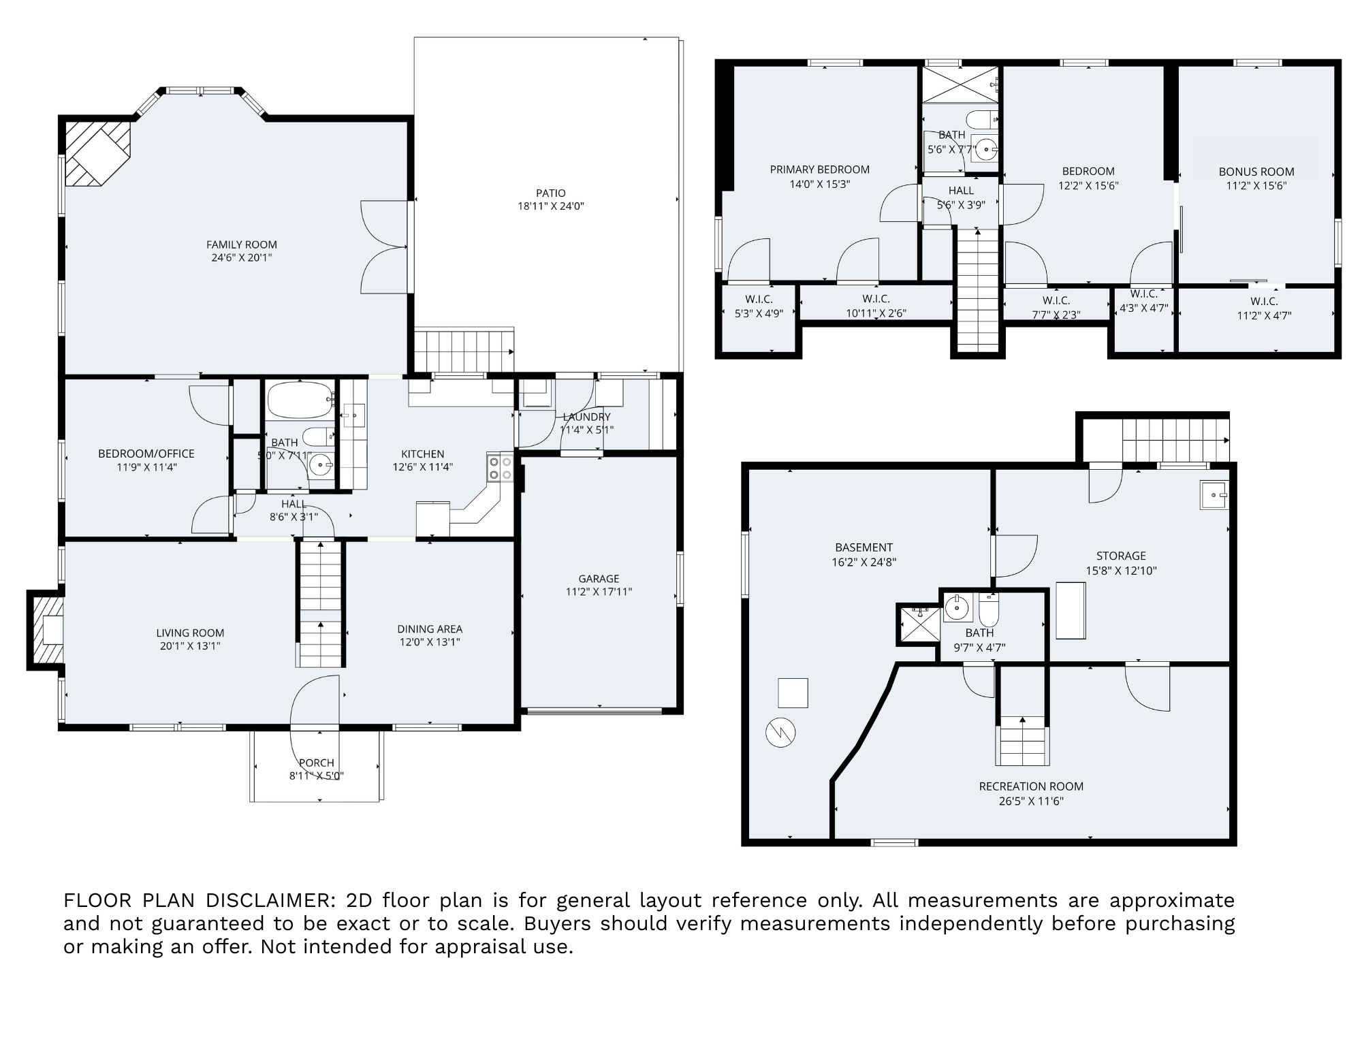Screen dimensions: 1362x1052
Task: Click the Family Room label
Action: pyautogui.click(x=242, y=244)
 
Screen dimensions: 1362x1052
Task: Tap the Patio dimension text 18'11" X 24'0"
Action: pyautogui.click(x=551, y=206)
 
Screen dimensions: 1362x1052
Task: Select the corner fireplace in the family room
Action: pyautogui.click(x=98, y=154)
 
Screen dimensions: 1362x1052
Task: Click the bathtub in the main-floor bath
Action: pyautogui.click(x=300, y=400)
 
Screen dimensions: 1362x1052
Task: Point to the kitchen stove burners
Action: pyautogui.click(x=500, y=467)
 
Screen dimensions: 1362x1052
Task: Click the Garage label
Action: pyautogui.click(x=599, y=579)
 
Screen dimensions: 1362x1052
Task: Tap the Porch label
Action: pyautogui.click(x=317, y=763)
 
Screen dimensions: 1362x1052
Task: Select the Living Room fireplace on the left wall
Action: pyautogui.click(x=46, y=630)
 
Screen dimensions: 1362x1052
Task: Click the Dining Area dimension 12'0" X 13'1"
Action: pyautogui.click(x=430, y=642)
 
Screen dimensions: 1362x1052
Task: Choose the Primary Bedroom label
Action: pyautogui.click(x=820, y=170)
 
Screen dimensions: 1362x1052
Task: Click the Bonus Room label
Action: pyautogui.click(x=1256, y=172)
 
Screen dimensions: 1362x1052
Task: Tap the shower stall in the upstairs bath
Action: pyautogui.click(x=960, y=84)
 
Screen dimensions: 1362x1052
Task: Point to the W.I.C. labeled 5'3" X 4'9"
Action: pyautogui.click(x=759, y=306)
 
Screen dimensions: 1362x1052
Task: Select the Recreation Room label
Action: pyautogui.click(x=1031, y=786)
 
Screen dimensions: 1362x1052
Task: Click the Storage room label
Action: pyautogui.click(x=1121, y=556)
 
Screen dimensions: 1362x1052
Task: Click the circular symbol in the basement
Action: pyautogui.click(x=780, y=732)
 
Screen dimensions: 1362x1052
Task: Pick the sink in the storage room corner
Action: pyautogui.click(x=1214, y=494)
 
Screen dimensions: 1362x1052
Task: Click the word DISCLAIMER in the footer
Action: pyautogui.click(x=270, y=900)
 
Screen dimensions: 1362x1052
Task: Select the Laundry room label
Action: pyautogui.click(x=586, y=417)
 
